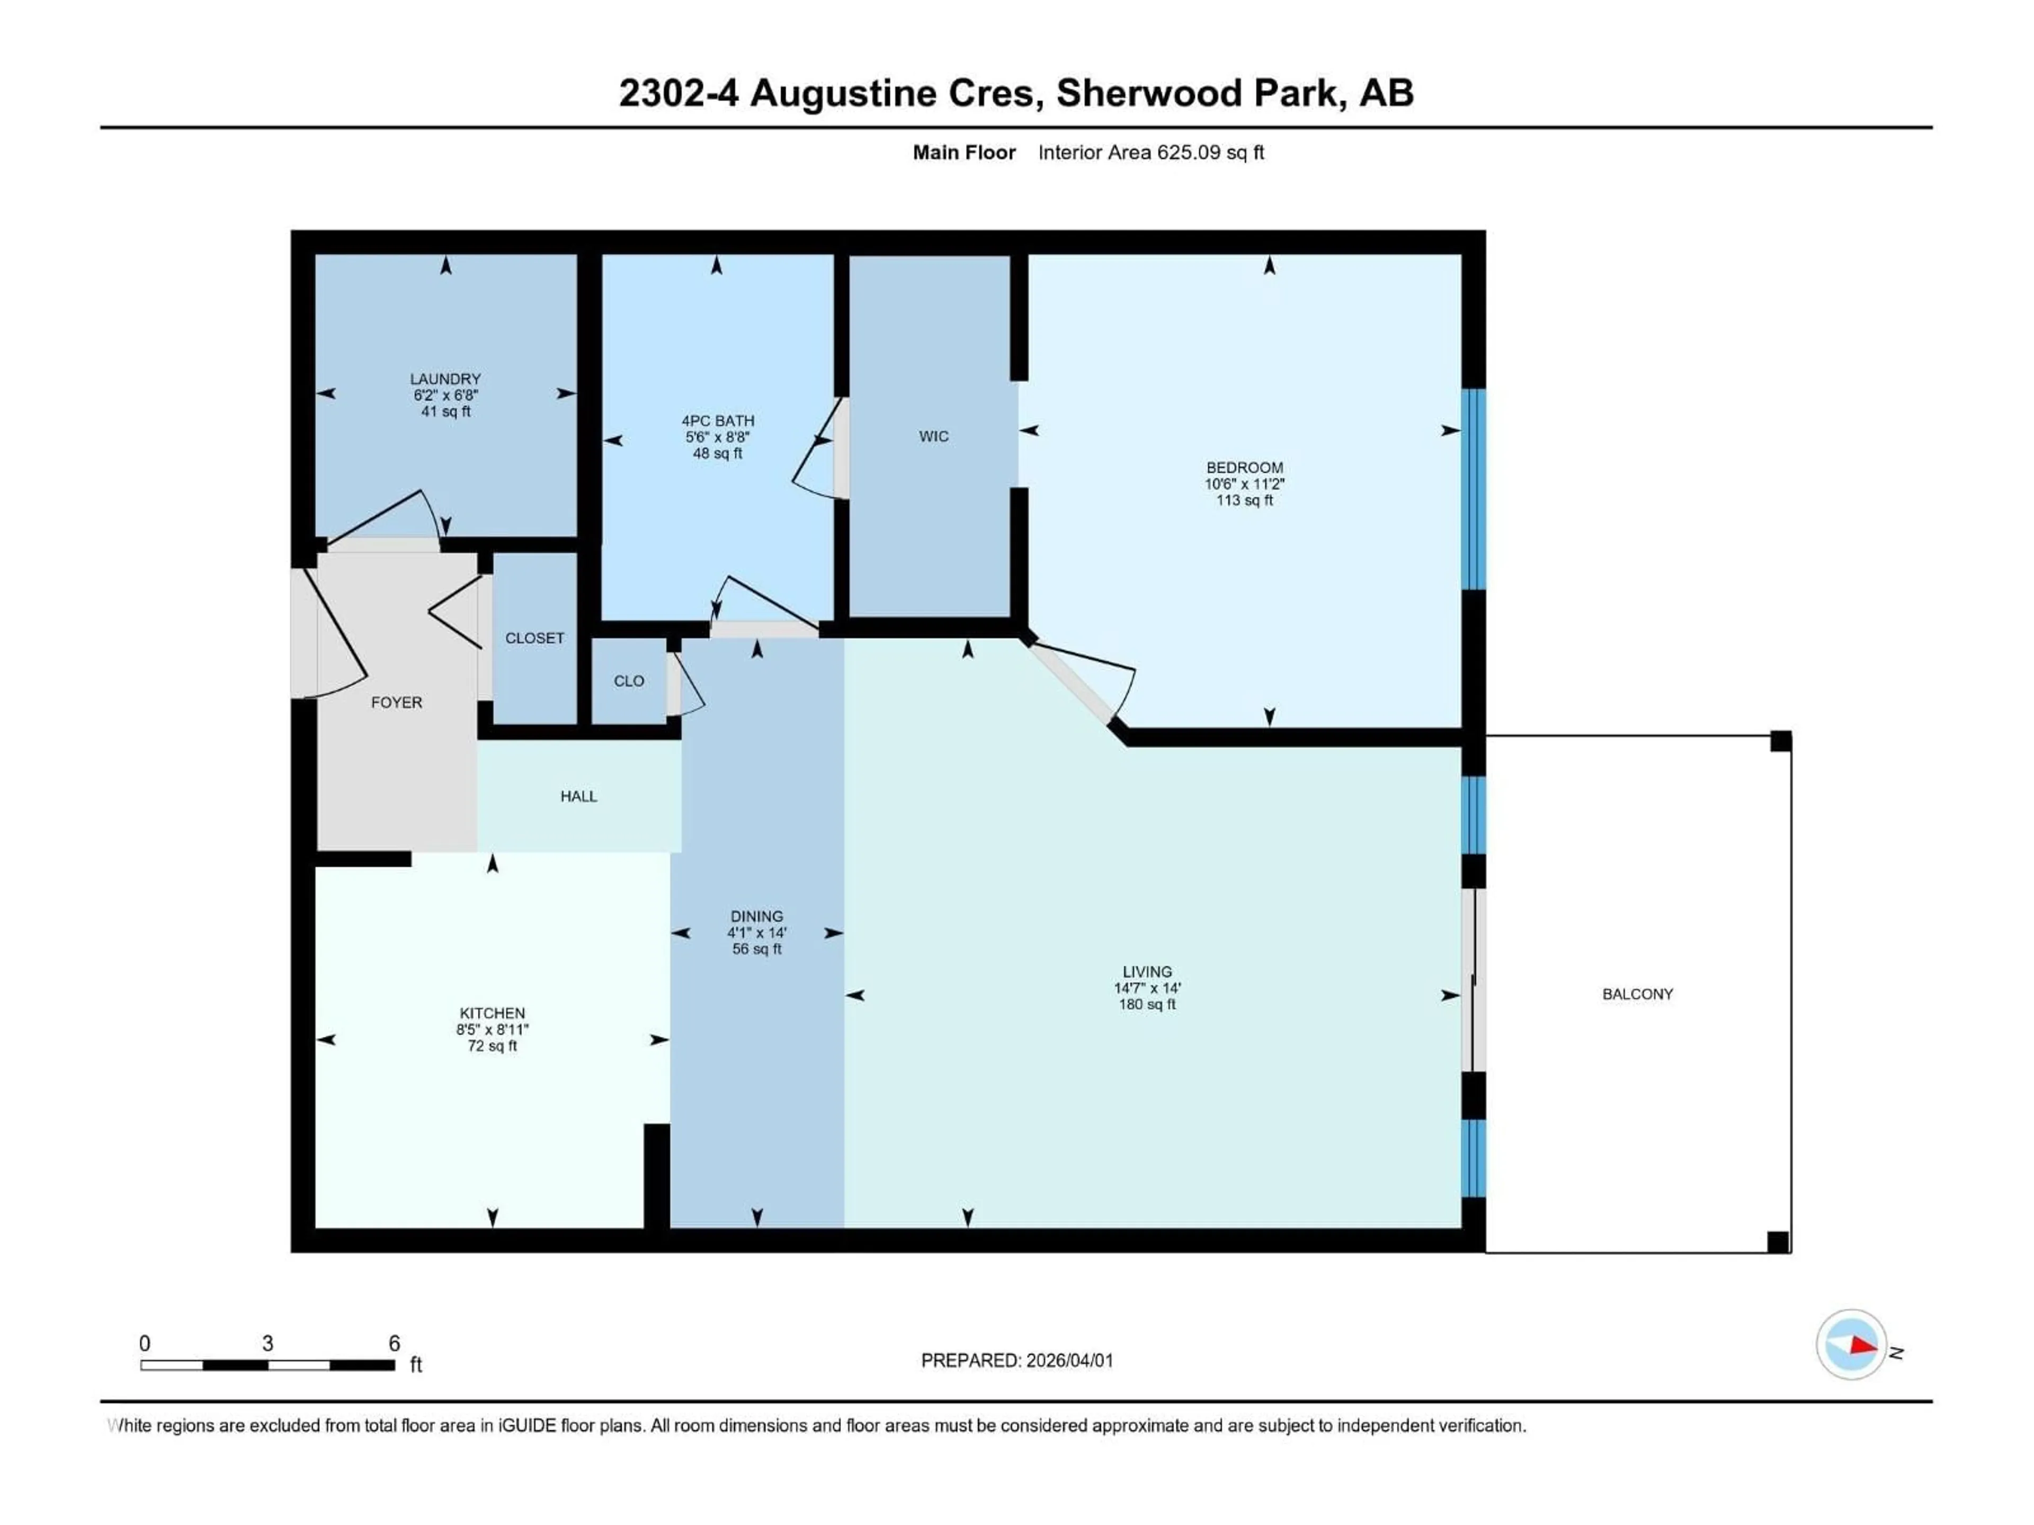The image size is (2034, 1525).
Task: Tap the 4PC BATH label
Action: (717, 421)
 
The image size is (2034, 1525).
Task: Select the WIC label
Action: (933, 437)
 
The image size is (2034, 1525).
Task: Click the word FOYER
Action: (396, 702)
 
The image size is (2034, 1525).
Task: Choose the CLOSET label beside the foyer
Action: (534, 638)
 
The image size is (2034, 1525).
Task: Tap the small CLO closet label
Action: (629, 681)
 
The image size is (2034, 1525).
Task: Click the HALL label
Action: (578, 796)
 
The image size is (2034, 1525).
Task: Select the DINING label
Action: (757, 917)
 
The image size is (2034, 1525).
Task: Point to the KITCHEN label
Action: (493, 1013)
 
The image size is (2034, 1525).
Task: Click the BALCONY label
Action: (1638, 994)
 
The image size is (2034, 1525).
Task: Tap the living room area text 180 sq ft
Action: (1147, 1004)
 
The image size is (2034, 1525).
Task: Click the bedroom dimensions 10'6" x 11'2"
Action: (1244, 483)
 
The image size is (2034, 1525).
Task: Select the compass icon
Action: (1851, 1345)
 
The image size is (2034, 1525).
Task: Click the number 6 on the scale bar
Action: (395, 1343)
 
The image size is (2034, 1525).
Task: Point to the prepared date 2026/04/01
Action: (1069, 1360)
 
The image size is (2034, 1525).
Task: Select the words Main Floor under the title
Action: (964, 152)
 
